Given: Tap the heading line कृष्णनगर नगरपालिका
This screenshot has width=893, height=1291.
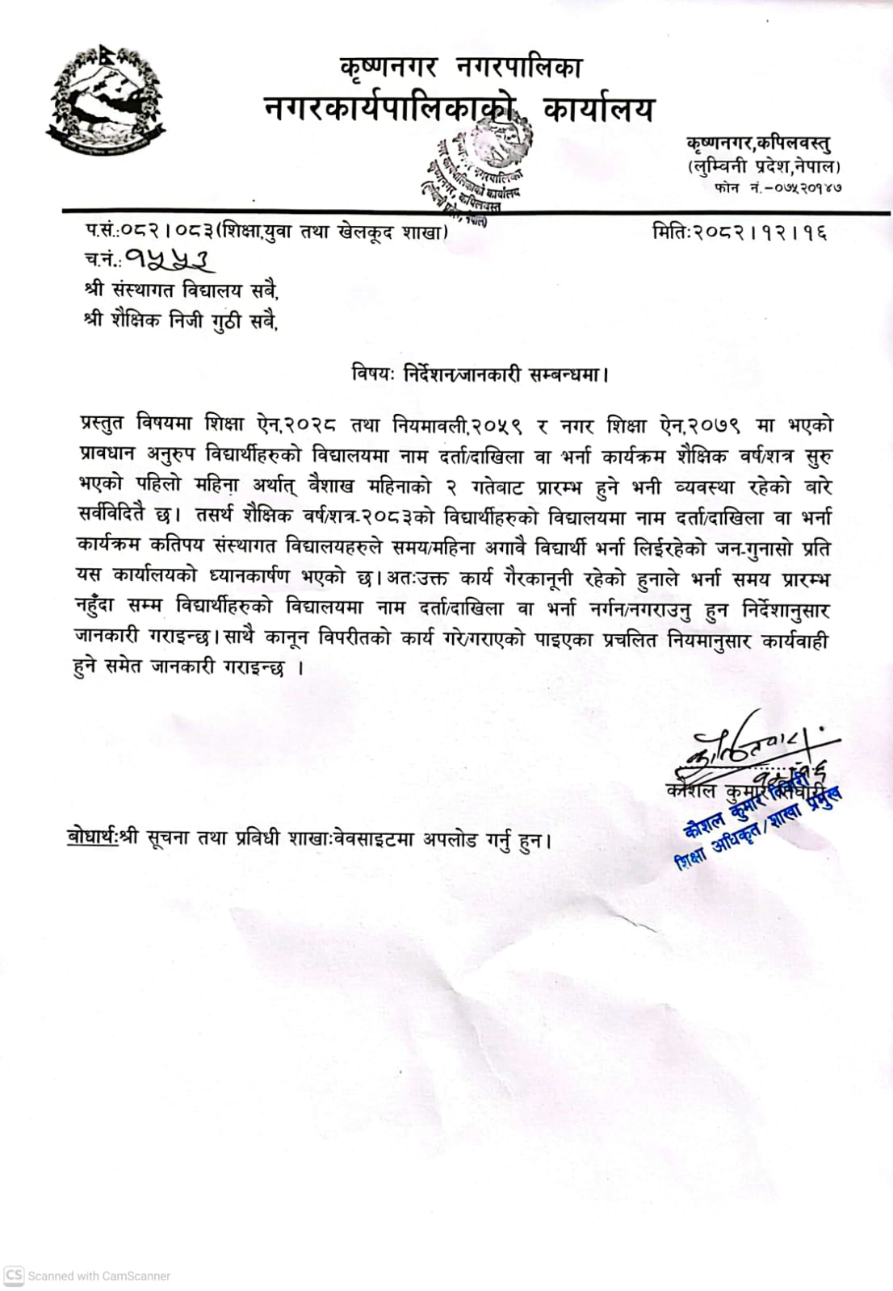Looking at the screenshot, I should point(461,66).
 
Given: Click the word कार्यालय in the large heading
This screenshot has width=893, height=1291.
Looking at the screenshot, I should point(598,109).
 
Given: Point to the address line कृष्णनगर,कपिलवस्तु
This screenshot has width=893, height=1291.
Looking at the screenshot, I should point(758,144).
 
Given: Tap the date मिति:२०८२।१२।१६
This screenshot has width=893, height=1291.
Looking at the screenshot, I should point(740,233).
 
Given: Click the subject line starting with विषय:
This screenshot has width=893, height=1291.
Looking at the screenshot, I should point(480,374).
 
